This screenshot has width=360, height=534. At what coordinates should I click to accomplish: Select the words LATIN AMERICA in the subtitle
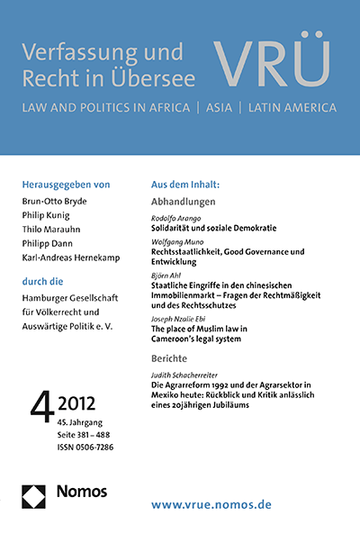286,108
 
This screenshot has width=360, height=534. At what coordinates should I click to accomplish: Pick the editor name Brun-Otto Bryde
62,201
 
